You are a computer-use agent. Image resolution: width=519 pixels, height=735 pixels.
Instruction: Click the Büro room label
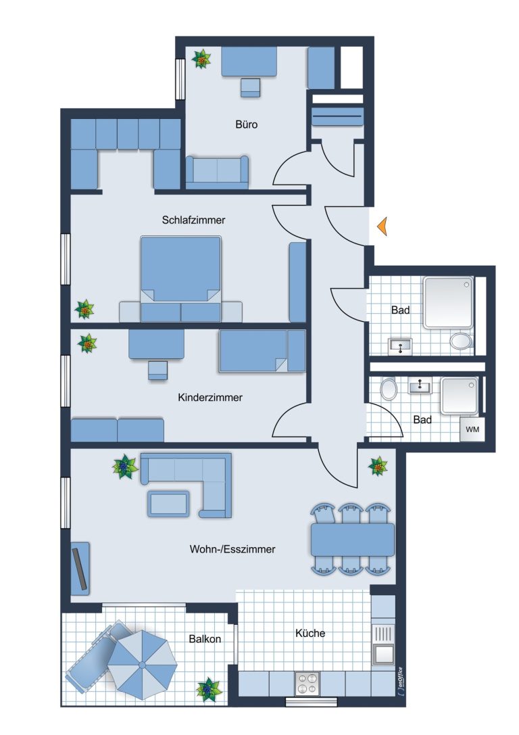tap(247, 124)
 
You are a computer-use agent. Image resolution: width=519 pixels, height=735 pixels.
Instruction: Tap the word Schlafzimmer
tap(193, 220)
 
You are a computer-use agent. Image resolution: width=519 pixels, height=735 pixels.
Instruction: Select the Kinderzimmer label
tap(210, 398)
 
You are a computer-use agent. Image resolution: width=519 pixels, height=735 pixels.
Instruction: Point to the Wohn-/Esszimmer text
tap(232, 549)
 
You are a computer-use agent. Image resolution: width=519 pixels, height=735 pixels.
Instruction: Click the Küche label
tap(310, 633)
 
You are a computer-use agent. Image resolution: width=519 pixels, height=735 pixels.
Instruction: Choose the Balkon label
tap(205, 638)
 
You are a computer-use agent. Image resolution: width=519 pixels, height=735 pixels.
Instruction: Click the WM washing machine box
tap(472, 429)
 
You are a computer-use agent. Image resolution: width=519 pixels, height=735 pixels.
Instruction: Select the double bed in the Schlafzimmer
tap(180, 279)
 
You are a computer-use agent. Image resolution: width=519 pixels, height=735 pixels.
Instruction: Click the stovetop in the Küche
tap(307, 684)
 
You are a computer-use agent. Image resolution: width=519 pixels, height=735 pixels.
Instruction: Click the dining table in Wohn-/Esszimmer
tap(353, 539)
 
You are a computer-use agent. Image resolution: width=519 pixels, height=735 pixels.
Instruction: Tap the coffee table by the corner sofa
tap(169, 504)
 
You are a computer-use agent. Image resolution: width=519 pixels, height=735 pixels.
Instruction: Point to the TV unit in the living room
tap(80, 569)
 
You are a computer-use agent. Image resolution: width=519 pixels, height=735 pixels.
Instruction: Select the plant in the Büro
tap(201, 59)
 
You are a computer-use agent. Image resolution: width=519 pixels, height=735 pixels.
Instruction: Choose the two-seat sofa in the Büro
tap(217, 172)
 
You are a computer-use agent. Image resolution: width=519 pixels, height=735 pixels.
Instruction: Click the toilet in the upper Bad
tap(462, 341)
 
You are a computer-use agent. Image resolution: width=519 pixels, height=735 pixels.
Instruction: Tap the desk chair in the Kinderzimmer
tap(157, 371)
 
